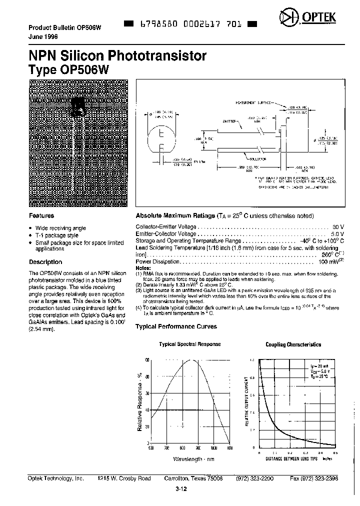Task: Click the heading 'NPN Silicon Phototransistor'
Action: pyautogui.click(x=117, y=55)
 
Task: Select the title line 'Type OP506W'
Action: pyautogui.click(x=72, y=69)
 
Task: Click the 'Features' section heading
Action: pyautogui.click(x=41, y=216)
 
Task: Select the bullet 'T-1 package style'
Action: pyautogui.click(x=57, y=235)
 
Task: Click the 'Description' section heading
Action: pyautogui.click(x=45, y=262)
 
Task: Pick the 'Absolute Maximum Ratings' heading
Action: pyautogui.click(x=175, y=216)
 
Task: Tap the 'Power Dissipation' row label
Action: pyautogui.click(x=157, y=261)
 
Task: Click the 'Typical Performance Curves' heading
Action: pyautogui.click(x=176, y=326)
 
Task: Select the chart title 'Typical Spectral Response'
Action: pyautogui.click(x=189, y=344)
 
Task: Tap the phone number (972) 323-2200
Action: pyautogui.click(x=254, y=478)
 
